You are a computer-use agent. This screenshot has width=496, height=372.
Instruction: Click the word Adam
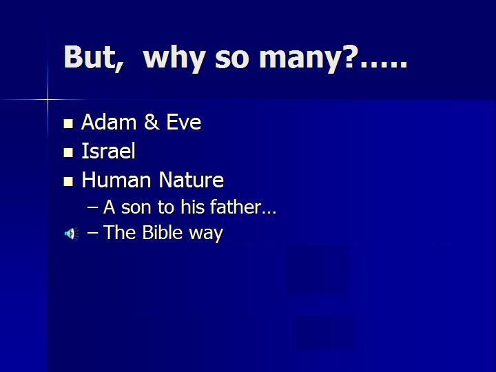[110, 122]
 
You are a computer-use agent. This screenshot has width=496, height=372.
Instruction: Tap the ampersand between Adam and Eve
[152, 122]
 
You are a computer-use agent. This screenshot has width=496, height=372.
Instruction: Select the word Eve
[184, 122]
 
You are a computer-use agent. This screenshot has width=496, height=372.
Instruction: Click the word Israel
[109, 151]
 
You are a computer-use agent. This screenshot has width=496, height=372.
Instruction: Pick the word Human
[116, 180]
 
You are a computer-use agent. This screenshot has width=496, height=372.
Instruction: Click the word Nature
[192, 180]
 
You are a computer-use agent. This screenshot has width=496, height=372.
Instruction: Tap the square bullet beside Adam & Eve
[68, 124]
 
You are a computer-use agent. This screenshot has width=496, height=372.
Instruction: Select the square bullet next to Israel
[68, 152]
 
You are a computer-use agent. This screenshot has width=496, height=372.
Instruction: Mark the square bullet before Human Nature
[68, 181]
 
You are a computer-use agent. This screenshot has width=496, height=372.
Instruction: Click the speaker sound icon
[72, 234]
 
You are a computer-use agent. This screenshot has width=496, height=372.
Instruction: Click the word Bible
[163, 233]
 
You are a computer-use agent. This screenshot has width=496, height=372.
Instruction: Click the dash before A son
[92, 208]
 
